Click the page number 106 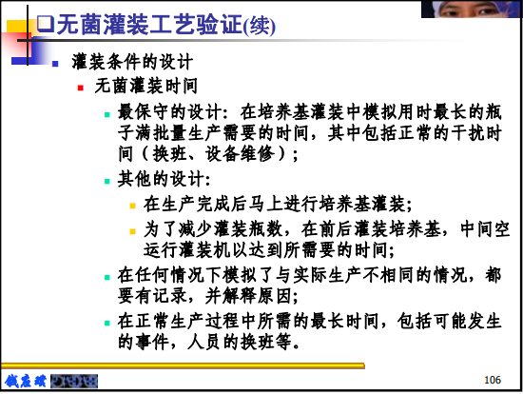[x=493, y=380]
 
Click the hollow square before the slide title [x=45, y=24]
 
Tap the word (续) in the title [x=260, y=27]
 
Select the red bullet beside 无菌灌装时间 [x=81, y=88]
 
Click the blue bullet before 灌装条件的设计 [x=55, y=64]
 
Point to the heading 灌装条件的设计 [x=132, y=62]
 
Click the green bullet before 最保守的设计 [x=107, y=115]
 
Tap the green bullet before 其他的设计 [x=107, y=182]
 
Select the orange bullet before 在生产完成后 [x=133, y=206]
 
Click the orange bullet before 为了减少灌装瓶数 [x=133, y=231]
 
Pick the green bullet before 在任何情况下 [x=107, y=278]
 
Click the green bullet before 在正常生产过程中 [x=107, y=323]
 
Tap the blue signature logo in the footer [x=26, y=381]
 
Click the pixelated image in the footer [x=74, y=382]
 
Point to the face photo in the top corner [x=471, y=9]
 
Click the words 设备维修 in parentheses [x=240, y=154]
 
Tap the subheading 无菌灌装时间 [x=146, y=86]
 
